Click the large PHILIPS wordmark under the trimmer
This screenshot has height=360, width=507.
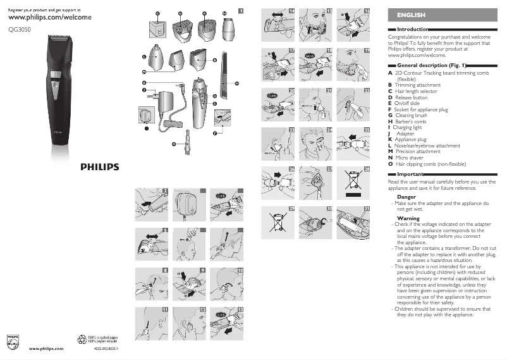(x=98, y=167)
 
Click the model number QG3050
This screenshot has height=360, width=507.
(x=20, y=27)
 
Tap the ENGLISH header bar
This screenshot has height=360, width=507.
(x=442, y=15)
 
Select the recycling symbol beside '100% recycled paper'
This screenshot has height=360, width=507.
(x=82, y=339)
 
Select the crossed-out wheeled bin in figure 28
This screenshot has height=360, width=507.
(x=352, y=180)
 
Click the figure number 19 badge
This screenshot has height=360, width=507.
(x=366, y=50)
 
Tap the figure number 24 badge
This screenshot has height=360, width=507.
(x=330, y=130)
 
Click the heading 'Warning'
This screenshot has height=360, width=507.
(x=408, y=218)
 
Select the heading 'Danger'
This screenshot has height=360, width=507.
(x=406, y=197)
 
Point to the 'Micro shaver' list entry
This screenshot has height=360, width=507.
(x=413, y=157)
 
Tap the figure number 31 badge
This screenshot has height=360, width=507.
(x=366, y=209)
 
